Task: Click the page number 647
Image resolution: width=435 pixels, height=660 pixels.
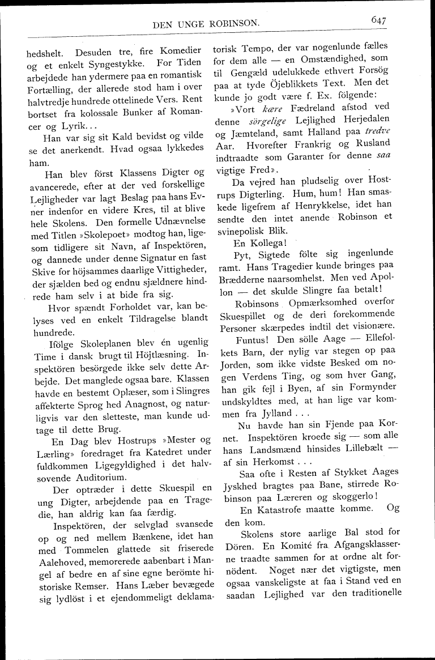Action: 378,20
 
